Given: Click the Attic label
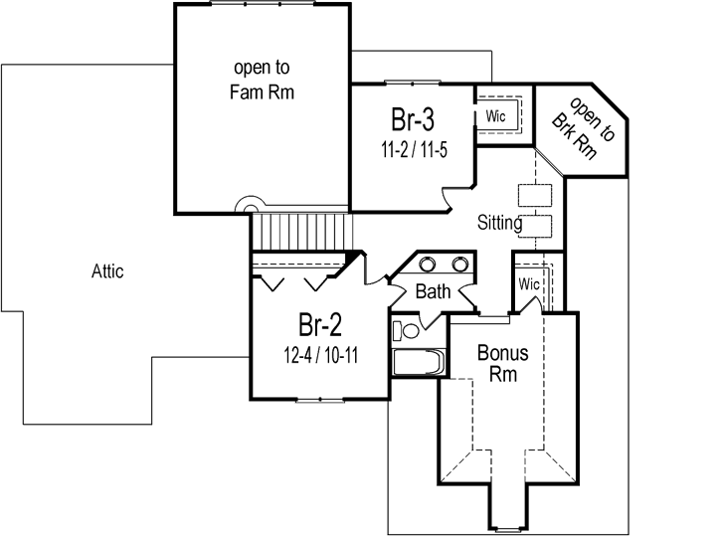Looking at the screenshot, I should tap(107, 270).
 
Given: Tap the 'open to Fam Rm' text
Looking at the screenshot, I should tap(263, 81).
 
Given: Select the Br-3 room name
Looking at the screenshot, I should tap(411, 122).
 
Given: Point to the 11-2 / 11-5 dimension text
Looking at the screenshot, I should tap(411, 151).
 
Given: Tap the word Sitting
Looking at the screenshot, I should tap(499, 223).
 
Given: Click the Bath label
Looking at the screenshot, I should tap(433, 292).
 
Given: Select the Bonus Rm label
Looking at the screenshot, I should tap(502, 362).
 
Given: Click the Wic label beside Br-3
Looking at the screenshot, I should tap(495, 116).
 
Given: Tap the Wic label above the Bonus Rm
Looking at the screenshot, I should tap(529, 284).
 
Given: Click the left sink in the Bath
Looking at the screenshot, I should tap(428, 265).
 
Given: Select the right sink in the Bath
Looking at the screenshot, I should tap(460, 265).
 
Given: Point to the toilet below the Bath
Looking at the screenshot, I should tap(406, 330).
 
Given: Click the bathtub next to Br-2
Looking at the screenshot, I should tap(416, 362).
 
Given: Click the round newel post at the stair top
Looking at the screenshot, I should tap(248, 204).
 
